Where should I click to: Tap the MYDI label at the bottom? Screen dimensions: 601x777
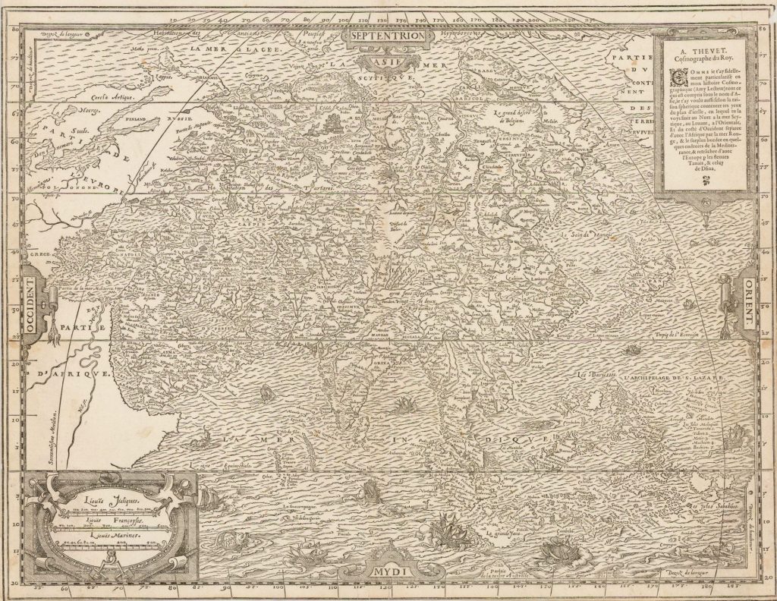point(390,568)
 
